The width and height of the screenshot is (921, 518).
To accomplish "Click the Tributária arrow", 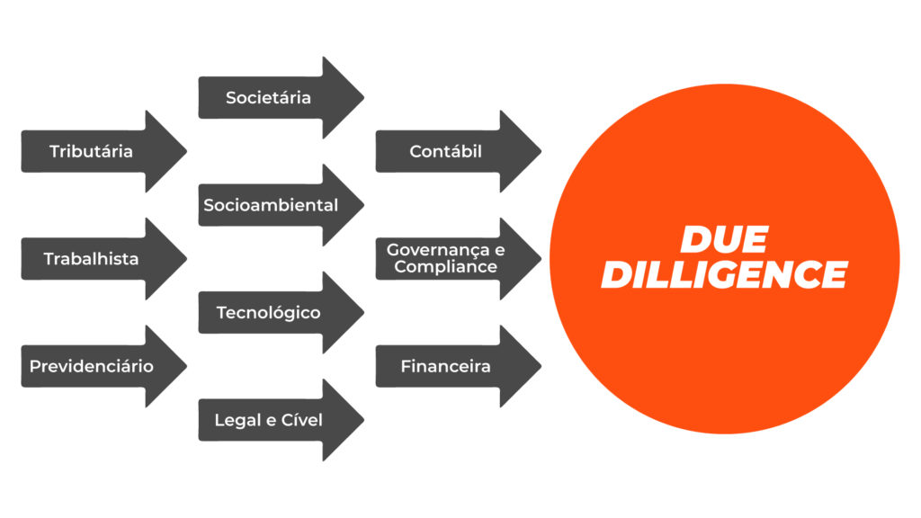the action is [90, 151].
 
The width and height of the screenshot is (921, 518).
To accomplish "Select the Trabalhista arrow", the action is [90, 259].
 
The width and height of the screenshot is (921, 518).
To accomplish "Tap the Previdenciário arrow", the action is [90, 366].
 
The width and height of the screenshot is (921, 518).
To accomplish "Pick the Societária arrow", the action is [268, 97].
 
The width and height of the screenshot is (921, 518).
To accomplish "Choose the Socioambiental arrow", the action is [270, 205].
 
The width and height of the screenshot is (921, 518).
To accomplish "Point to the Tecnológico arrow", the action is [268, 313].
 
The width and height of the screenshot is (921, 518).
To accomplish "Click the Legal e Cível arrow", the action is [268, 420].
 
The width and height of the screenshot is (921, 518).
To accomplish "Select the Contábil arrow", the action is [445, 151].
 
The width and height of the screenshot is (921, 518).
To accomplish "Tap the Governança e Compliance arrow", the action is [445, 259].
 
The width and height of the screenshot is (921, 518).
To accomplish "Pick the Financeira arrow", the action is [445, 366].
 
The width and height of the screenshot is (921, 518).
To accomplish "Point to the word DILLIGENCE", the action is [724, 274].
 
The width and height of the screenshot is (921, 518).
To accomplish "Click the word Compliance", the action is [445, 267].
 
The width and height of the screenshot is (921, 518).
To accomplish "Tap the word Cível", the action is [301, 420].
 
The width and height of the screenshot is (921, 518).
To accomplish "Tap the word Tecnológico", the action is [268, 313].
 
